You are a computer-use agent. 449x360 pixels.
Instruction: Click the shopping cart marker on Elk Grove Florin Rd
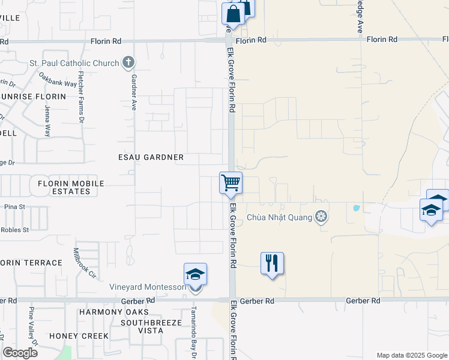point(231,183)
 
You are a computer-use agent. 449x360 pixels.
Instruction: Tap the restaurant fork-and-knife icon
point(272,263)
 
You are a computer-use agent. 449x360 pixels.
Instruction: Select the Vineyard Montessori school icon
point(195,274)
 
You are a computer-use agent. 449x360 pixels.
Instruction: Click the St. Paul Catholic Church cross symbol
point(128,62)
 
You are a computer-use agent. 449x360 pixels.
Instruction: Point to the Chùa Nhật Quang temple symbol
point(322,217)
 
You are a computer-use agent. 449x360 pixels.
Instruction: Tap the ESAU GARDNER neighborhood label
point(151,157)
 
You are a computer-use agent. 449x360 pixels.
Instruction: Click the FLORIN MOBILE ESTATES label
point(70,187)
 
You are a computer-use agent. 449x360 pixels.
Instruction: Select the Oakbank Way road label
point(58,80)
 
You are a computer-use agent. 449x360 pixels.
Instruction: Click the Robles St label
point(15,230)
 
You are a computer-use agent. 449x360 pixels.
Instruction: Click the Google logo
point(20,353)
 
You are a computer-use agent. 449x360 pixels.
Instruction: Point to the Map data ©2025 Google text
point(411,355)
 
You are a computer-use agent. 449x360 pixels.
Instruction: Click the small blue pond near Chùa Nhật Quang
point(357,209)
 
